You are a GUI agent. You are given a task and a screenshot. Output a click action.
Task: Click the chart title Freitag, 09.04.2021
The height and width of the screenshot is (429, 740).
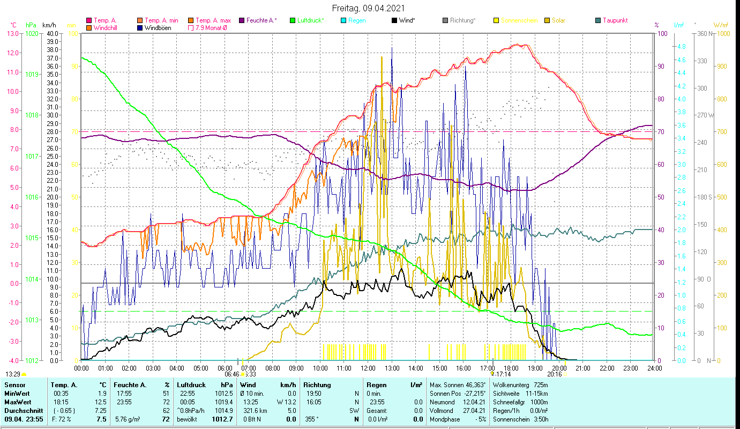pos(368,9)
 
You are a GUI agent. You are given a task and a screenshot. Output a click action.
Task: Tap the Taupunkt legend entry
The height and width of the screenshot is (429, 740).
pos(615,20)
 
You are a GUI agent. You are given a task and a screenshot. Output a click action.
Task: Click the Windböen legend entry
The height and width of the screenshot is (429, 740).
pos(158,28)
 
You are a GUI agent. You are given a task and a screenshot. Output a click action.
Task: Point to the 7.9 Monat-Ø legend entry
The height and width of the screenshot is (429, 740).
pos(211,28)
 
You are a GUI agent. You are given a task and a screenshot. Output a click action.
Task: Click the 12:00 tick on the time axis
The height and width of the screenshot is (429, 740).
pos(368,368)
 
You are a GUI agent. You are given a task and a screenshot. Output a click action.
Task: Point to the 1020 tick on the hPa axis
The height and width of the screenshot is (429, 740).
pos(32,33)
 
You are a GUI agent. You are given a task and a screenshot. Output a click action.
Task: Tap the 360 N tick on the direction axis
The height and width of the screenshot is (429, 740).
pos(705,33)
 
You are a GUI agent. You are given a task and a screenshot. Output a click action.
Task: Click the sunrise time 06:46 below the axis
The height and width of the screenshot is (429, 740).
pos(231,374)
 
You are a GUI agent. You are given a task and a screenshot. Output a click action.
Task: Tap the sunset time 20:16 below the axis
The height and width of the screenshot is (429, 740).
pos(554,374)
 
